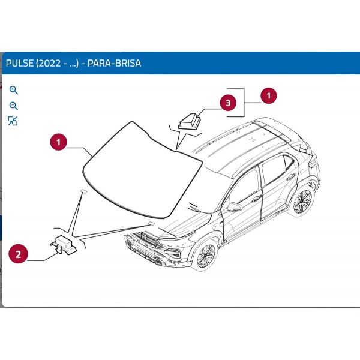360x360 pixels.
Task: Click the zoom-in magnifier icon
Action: [13, 91]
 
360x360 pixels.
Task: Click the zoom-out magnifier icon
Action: [13, 106]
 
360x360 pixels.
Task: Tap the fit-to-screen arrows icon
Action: [13, 121]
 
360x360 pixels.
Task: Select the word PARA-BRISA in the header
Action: [114, 63]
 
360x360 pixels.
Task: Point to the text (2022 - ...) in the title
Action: [59, 63]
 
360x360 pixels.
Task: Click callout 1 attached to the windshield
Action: [58, 142]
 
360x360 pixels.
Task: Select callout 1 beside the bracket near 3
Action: [268, 95]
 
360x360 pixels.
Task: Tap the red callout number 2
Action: [18, 254]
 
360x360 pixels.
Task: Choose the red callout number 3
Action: [227, 103]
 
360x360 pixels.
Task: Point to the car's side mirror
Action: [233, 206]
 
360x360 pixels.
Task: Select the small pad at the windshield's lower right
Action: [150, 223]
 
